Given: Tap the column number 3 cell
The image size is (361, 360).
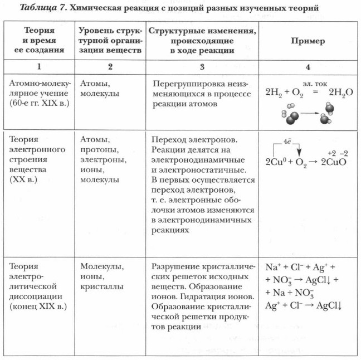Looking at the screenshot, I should click(x=202, y=66).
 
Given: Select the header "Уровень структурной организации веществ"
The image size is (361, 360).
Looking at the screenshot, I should click(x=110, y=42).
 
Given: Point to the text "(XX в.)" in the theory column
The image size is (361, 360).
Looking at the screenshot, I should click(x=23, y=181).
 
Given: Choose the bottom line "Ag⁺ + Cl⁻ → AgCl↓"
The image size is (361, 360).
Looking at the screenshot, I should click(x=304, y=306).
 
